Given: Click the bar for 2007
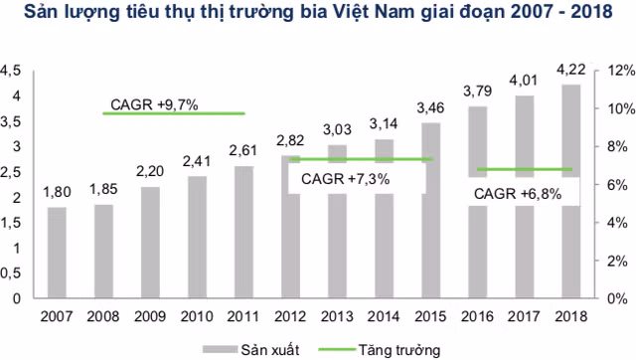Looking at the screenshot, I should click(57, 253).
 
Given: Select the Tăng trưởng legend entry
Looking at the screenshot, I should click(384, 349).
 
